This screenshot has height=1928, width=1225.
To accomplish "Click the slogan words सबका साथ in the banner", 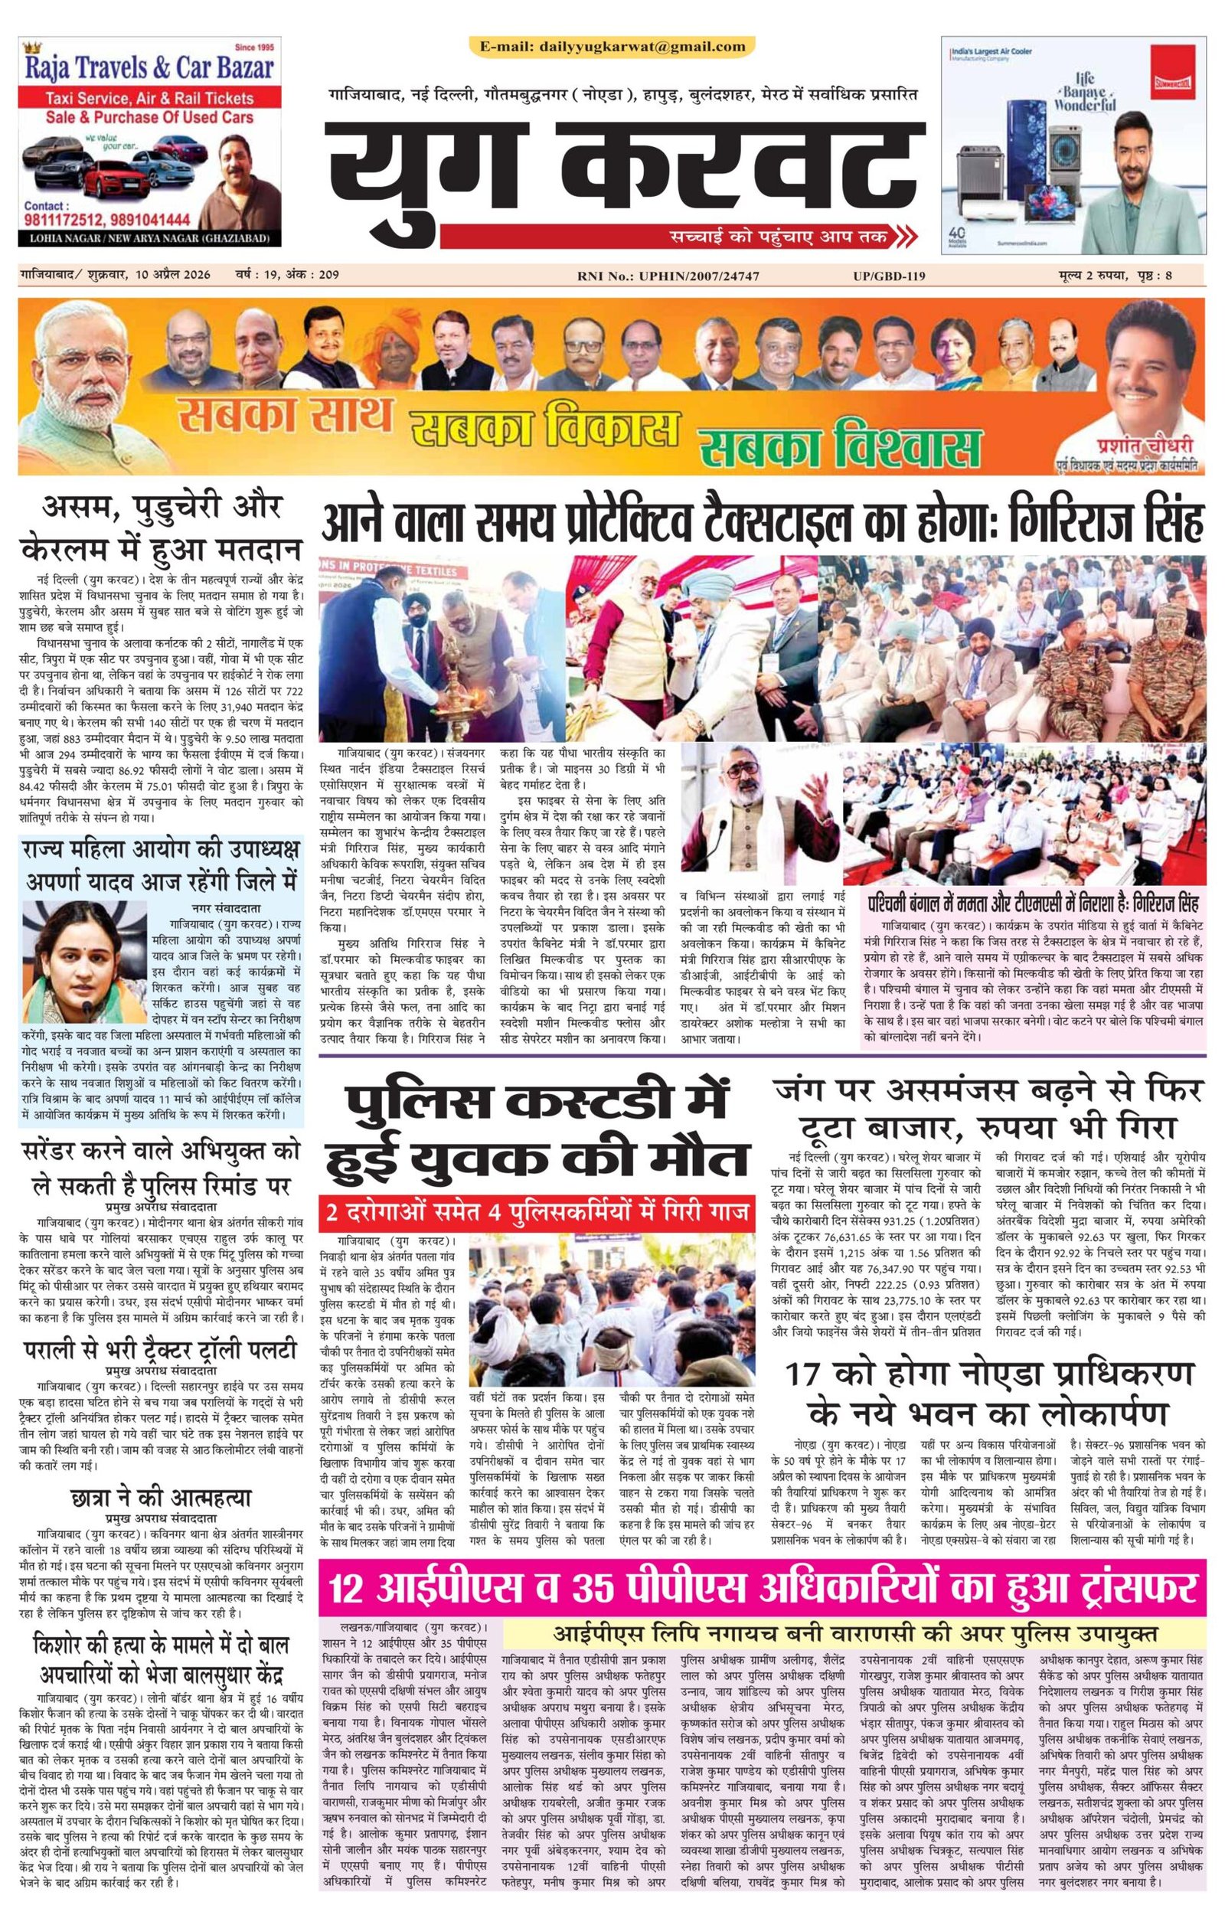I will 285,417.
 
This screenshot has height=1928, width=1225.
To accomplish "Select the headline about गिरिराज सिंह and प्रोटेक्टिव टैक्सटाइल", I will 763,525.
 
